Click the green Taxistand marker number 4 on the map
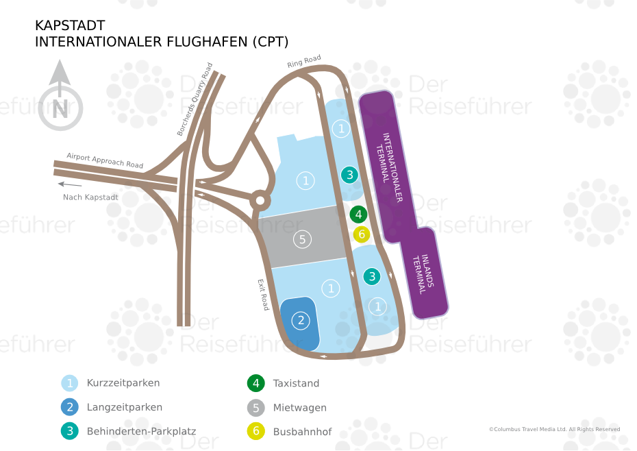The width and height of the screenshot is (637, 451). (358, 215)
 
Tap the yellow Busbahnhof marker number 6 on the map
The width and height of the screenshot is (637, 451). (362, 234)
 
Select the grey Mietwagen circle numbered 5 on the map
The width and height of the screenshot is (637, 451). (301, 239)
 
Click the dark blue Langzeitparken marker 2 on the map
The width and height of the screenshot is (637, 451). (300, 320)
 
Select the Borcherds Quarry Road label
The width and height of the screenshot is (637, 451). (195, 99)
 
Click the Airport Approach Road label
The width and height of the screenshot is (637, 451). (105, 160)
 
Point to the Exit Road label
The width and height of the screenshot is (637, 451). (263, 295)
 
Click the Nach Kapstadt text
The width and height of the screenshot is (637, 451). (90, 197)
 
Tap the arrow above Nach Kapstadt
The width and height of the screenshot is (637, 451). (70, 184)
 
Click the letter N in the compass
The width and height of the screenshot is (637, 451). (60, 108)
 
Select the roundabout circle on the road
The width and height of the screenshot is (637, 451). (260, 202)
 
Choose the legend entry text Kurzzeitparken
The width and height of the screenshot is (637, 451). (123, 383)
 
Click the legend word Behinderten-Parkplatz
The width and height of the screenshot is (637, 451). (141, 431)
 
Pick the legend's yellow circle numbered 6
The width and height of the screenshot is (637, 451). (256, 431)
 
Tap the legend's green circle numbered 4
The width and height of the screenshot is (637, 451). (256, 383)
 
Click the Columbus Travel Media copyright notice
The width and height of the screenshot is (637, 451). (554, 429)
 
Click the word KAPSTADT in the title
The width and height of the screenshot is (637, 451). (70, 26)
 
